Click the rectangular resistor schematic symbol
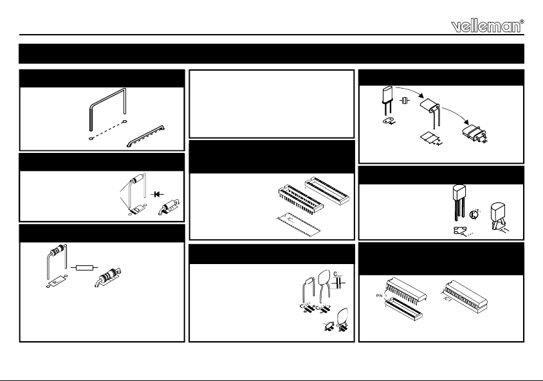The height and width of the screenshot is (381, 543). (83, 267)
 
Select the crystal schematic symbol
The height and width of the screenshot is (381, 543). (405, 102)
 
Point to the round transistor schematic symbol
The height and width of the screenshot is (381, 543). (474, 213)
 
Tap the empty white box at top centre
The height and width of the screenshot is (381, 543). (271, 103)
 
